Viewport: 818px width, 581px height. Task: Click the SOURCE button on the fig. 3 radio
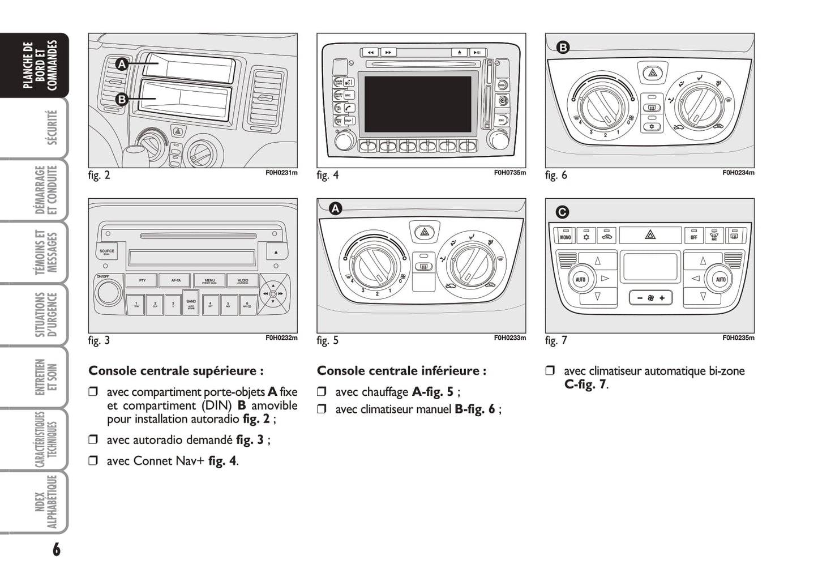coord(107,251)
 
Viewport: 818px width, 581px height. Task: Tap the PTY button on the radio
coord(142,280)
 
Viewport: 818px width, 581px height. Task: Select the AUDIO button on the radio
coord(243,280)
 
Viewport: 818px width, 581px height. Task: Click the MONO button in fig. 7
coord(565,236)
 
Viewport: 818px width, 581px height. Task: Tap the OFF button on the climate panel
coord(693,236)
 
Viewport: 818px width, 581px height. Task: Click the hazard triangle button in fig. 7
coord(650,234)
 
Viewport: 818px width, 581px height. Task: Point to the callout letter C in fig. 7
coord(562,212)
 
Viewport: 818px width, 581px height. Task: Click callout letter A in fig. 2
coord(122,65)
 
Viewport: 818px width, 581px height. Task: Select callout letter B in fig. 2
coord(122,100)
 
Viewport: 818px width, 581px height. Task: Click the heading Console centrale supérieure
coord(175,371)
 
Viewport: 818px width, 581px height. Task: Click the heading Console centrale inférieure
coord(401,371)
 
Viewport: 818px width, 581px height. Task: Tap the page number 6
coord(56,549)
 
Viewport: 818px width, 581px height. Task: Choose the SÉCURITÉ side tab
coord(51,127)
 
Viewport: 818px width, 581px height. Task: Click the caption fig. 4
coord(328,175)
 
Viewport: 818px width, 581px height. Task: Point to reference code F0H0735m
coord(509,173)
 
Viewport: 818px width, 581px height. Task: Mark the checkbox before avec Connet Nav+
coord(93,460)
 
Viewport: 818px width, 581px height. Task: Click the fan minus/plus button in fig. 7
coord(650,298)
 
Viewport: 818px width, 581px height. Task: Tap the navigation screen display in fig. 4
coord(418,104)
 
